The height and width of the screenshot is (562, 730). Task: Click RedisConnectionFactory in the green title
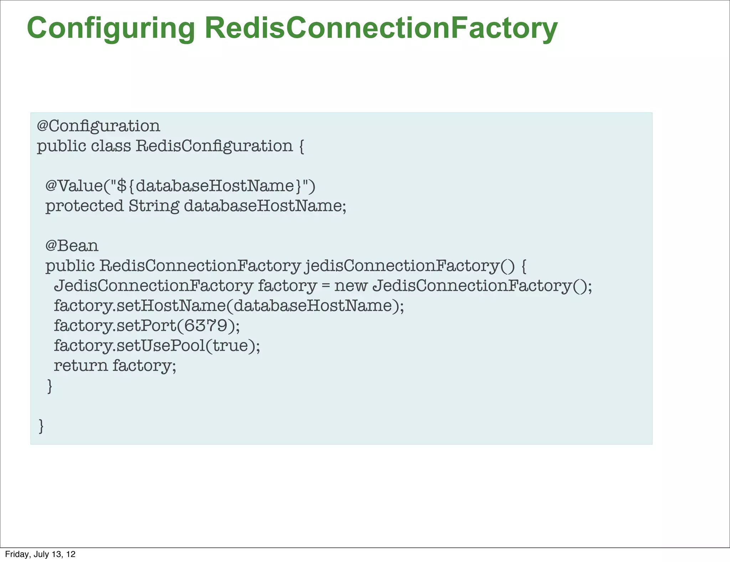[x=381, y=29]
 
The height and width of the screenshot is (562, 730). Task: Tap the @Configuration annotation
[x=99, y=126]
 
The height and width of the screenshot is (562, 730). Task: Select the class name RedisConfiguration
[x=214, y=146]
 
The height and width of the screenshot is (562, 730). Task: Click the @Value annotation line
[x=180, y=186]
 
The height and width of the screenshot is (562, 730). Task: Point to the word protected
[x=84, y=206]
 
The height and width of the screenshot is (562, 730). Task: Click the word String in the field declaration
[x=154, y=206]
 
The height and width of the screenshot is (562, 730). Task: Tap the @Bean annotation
[x=72, y=246]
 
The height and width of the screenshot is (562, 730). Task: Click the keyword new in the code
[x=350, y=286]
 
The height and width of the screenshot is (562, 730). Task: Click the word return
[x=81, y=366]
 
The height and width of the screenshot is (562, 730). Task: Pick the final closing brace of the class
[x=41, y=426]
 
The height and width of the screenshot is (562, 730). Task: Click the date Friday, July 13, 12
[x=40, y=554]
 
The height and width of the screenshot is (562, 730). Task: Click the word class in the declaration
[x=111, y=146]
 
